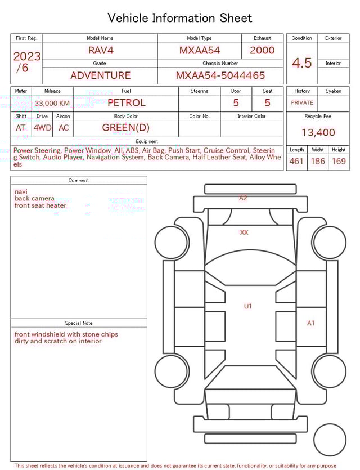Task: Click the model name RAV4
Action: pyautogui.click(x=100, y=50)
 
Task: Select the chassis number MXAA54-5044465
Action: pyautogui.click(x=220, y=75)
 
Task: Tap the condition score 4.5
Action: pyautogui.click(x=301, y=62)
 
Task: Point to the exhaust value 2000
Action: pyautogui.click(x=262, y=50)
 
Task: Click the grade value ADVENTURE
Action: pyautogui.click(x=100, y=75)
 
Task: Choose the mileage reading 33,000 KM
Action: pyautogui.click(x=52, y=103)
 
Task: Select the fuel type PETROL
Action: pyautogui.click(x=126, y=102)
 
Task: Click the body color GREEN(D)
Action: pyautogui.click(x=126, y=128)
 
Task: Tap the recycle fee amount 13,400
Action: pyautogui.click(x=318, y=133)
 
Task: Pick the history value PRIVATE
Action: pyautogui.click(x=302, y=103)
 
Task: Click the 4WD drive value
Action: pyautogui.click(x=42, y=128)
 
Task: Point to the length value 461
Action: pyautogui.click(x=296, y=162)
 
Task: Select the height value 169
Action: pyautogui.click(x=339, y=162)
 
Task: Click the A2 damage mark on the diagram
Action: pyautogui.click(x=243, y=198)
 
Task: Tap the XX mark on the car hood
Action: pyautogui.click(x=244, y=232)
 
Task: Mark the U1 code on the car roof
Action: pyautogui.click(x=247, y=306)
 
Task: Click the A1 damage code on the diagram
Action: pyautogui.click(x=311, y=323)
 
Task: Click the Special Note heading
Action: pyautogui.click(x=79, y=323)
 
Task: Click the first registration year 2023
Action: pyautogui.click(x=26, y=56)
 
